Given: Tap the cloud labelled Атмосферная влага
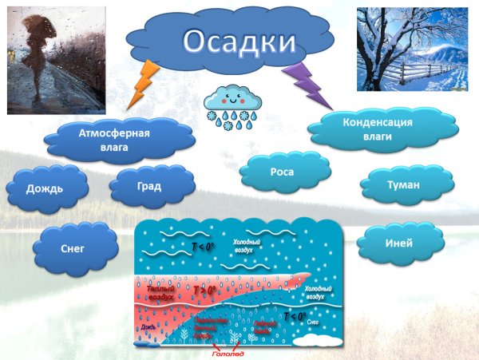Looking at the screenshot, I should pyautogui.click(x=119, y=140).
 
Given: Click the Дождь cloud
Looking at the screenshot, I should pyautogui.click(x=46, y=189).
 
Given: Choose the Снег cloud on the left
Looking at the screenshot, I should pyautogui.click(x=72, y=249).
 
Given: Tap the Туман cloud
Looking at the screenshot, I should pyautogui.click(x=402, y=184).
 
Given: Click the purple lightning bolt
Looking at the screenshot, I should pyautogui.click(x=311, y=85).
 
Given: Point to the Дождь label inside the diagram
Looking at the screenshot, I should pyautogui.click(x=148, y=326).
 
